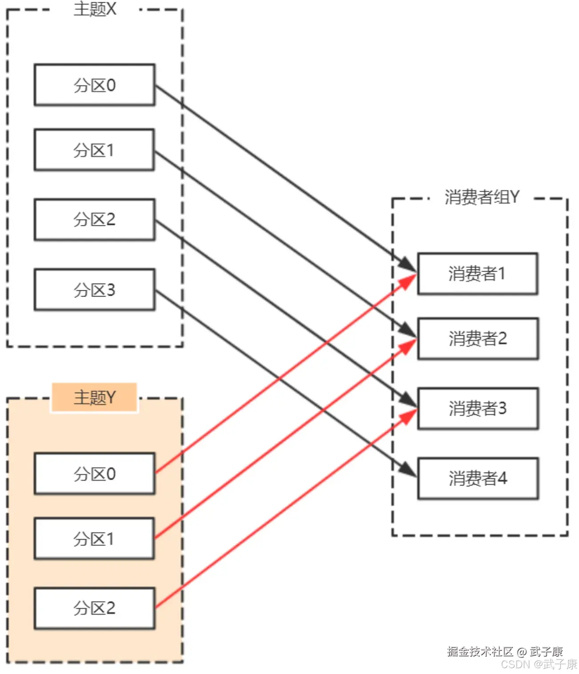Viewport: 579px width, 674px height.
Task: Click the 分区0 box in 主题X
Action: (x=95, y=85)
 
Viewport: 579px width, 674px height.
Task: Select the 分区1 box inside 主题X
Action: (x=95, y=150)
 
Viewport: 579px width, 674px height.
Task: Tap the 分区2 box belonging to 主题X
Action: (x=95, y=220)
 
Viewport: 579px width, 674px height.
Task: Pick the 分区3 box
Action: (x=95, y=289)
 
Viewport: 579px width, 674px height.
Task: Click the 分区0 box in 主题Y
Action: (x=95, y=473)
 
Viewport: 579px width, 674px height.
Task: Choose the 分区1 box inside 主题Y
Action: (x=95, y=538)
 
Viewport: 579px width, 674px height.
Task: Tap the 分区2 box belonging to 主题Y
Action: (x=95, y=608)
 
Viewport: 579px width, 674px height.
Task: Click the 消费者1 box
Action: (x=477, y=274)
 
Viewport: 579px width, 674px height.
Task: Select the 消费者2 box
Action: (x=477, y=339)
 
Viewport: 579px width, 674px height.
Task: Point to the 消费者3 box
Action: (x=477, y=409)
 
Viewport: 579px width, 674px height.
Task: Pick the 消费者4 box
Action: (x=477, y=478)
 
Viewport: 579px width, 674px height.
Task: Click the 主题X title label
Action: (x=95, y=9)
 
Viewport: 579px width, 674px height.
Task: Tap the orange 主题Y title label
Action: (x=95, y=397)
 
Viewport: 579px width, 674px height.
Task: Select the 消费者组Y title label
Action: (x=482, y=197)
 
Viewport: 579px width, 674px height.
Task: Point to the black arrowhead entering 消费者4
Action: (x=408, y=469)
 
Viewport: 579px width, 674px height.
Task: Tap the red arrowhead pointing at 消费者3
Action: (x=408, y=416)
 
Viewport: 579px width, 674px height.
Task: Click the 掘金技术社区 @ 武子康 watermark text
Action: (x=505, y=651)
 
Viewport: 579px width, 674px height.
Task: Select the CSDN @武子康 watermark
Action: (x=539, y=664)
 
